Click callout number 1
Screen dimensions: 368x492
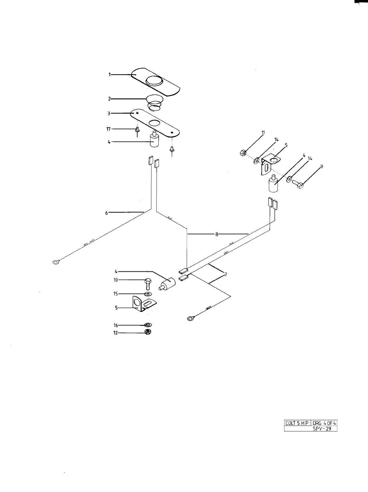point(110,74)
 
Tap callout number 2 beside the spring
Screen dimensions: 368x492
point(110,99)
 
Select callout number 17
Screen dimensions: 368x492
point(109,129)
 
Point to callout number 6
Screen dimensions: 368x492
point(106,213)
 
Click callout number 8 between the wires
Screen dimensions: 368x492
point(216,234)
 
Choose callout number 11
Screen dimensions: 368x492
point(263,133)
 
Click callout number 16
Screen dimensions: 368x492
point(115,325)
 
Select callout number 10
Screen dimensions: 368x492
point(115,280)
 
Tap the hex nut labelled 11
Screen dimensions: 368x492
point(243,153)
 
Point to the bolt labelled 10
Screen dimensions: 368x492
point(148,283)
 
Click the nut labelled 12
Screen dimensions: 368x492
point(148,332)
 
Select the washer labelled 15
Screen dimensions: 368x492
point(148,294)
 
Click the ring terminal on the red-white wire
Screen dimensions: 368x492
point(56,262)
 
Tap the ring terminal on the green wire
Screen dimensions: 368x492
point(190,318)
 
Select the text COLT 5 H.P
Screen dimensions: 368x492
point(297,423)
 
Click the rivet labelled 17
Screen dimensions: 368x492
point(137,130)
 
